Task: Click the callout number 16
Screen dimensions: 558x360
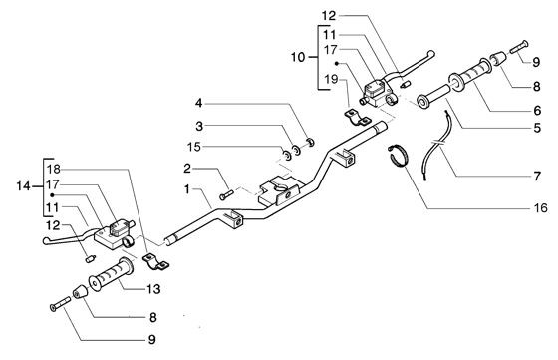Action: (x=540, y=207)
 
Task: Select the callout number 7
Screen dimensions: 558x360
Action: (x=537, y=176)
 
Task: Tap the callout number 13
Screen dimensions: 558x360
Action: (x=153, y=289)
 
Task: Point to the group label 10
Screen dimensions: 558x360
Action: (x=298, y=57)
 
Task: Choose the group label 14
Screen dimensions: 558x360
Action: (x=24, y=185)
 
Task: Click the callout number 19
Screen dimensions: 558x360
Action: (x=331, y=79)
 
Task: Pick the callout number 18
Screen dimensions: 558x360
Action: (x=54, y=169)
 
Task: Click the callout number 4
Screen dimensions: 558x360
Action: (x=198, y=104)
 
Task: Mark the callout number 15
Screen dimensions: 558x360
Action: (x=194, y=147)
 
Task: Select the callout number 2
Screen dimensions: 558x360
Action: (x=187, y=169)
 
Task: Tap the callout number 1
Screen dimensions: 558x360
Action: (x=187, y=189)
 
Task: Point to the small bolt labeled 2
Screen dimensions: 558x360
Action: (x=226, y=194)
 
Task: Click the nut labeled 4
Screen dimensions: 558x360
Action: (x=310, y=142)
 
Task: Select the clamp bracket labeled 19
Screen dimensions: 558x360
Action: (x=357, y=118)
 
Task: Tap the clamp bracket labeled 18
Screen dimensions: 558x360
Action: (x=155, y=262)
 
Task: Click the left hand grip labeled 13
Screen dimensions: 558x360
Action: (x=111, y=274)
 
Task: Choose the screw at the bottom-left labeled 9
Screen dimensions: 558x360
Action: (x=60, y=303)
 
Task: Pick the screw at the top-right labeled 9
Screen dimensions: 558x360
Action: (x=519, y=47)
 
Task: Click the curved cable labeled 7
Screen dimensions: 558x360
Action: (x=435, y=146)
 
